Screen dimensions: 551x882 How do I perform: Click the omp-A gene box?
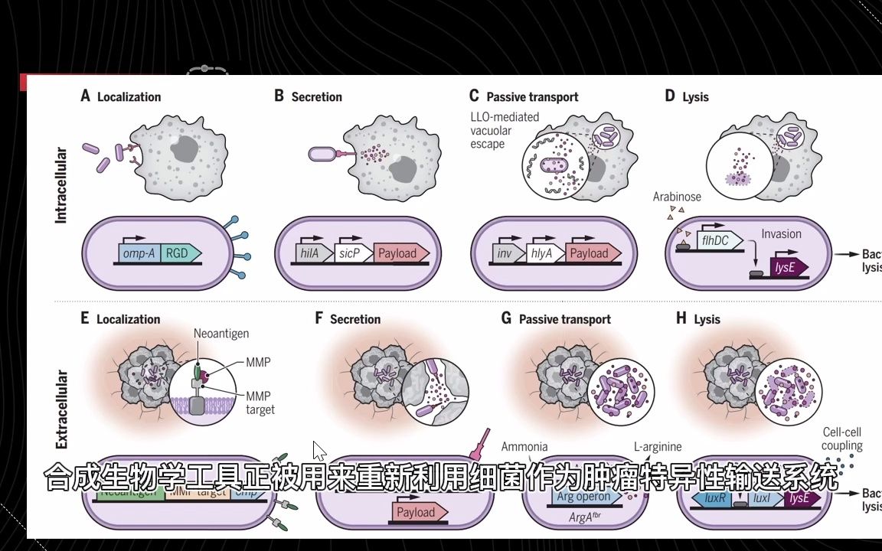(x=139, y=253)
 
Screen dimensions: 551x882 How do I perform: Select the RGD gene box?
(x=180, y=253)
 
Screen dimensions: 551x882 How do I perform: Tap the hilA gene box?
(x=313, y=253)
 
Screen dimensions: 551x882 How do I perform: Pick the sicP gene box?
(x=353, y=253)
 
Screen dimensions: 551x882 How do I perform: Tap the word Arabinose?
(x=677, y=197)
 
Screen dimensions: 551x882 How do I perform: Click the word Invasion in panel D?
(x=781, y=234)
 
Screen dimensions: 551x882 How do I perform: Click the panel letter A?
(x=85, y=96)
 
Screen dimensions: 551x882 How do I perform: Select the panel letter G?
(x=506, y=318)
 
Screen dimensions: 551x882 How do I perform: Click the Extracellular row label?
(x=61, y=409)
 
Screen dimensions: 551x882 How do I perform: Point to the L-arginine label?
(x=658, y=447)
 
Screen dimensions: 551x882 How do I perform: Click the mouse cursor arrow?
(x=319, y=451)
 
